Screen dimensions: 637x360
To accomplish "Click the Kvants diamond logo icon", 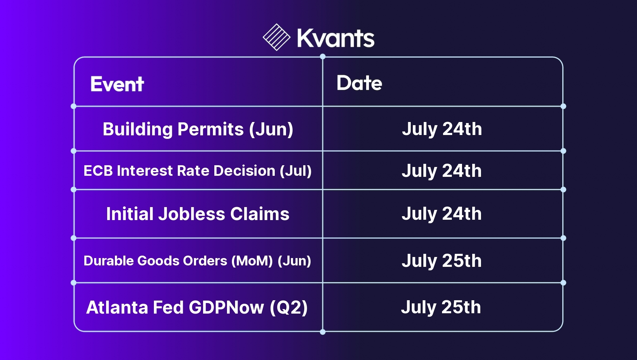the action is [x=277, y=37].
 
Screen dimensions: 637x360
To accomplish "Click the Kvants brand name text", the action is [x=336, y=38].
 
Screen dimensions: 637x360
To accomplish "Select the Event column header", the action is [x=117, y=84].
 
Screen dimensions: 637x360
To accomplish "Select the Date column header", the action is [x=359, y=83].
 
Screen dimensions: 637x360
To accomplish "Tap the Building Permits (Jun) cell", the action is [x=198, y=129].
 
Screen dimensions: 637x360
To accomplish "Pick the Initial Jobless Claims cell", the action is [x=198, y=214].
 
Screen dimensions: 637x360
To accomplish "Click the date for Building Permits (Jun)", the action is [x=442, y=129].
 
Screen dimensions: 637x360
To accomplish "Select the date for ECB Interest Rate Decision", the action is [x=442, y=171].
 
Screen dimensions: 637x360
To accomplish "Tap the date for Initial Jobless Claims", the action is [x=442, y=214].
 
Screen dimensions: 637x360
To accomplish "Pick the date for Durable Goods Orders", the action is [x=442, y=261].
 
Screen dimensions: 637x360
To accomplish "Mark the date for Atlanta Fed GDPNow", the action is [x=441, y=307].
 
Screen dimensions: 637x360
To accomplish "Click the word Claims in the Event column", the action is [x=260, y=214].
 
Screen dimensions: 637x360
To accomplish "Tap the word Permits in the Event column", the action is [x=210, y=129].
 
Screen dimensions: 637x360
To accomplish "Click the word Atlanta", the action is [x=117, y=307].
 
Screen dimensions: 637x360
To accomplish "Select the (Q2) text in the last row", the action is [x=289, y=308].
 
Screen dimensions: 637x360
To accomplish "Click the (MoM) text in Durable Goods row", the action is [x=252, y=261].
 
